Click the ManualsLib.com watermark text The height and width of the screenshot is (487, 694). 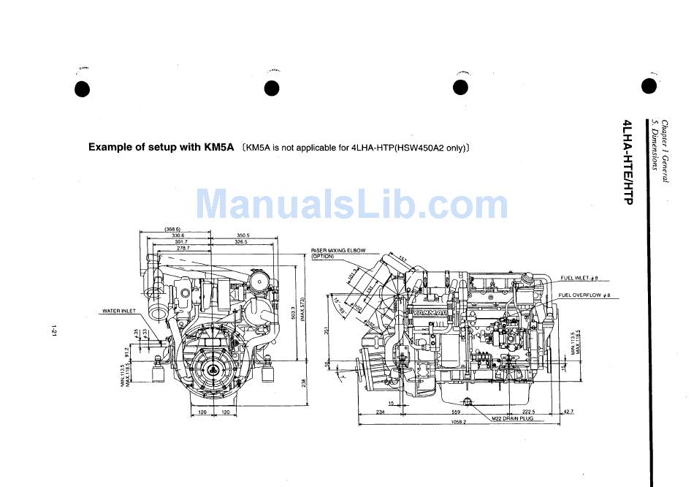click(x=351, y=203)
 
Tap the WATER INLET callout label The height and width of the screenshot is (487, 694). click(x=119, y=311)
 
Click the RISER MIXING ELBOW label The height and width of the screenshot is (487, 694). click(x=338, y=251)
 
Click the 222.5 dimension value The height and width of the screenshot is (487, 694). click(x=530, y=412)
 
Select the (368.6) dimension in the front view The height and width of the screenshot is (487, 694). click(x=173, y=229)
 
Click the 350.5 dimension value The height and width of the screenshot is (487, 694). click(x=243, y=235)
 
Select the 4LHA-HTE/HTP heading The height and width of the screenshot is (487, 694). click(x=627, y=161)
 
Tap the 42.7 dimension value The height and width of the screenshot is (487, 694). click(x=568, y=412)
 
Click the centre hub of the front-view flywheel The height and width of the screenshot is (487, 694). click(x=211, y=370)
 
